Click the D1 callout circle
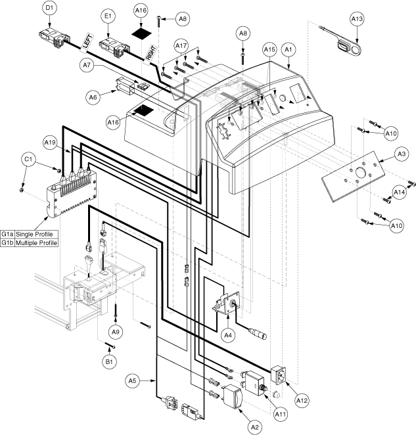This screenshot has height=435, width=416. coord(49,8)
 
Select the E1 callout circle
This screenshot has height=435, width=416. coord(108,16)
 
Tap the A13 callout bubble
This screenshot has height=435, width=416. coord(357,19)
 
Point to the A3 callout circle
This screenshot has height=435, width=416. coord(402,154)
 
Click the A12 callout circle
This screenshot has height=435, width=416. coord(302,400)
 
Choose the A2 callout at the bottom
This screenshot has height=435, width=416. coord(254,427)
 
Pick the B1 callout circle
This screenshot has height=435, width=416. coord(109,362)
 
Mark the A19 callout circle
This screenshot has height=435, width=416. coord(50,143)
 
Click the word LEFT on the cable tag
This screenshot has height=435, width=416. coord(87,42)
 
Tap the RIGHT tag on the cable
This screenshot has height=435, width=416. coord(150,53)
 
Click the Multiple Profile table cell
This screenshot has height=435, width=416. coord(36,242)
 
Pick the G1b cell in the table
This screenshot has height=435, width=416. coord(7,242)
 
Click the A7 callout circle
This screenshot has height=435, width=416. coord(87,65)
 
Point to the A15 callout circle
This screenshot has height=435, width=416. coord(269,50)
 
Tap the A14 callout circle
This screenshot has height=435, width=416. coord(399,192)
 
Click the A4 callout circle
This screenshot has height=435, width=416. coord(227,335)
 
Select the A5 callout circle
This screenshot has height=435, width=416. coord(132,381)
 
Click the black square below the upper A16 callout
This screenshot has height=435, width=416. coord(141,34)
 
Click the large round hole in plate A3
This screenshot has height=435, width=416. coord(360,173)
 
